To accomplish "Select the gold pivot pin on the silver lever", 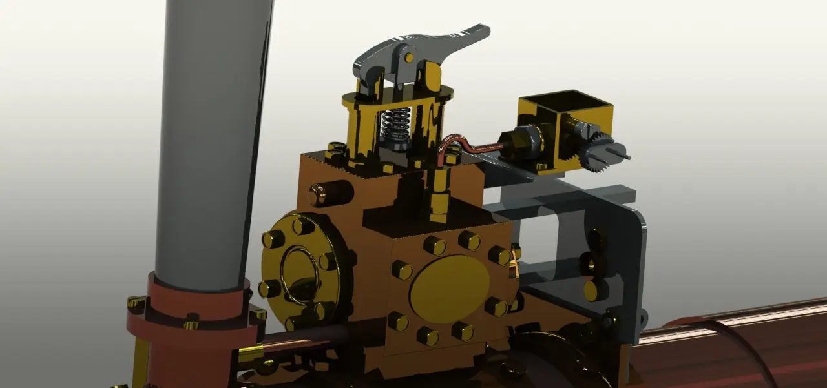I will [408, 57].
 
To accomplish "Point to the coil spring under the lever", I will [396, 124].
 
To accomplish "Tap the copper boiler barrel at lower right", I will [730, 349].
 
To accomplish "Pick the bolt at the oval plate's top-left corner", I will [401, 270].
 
